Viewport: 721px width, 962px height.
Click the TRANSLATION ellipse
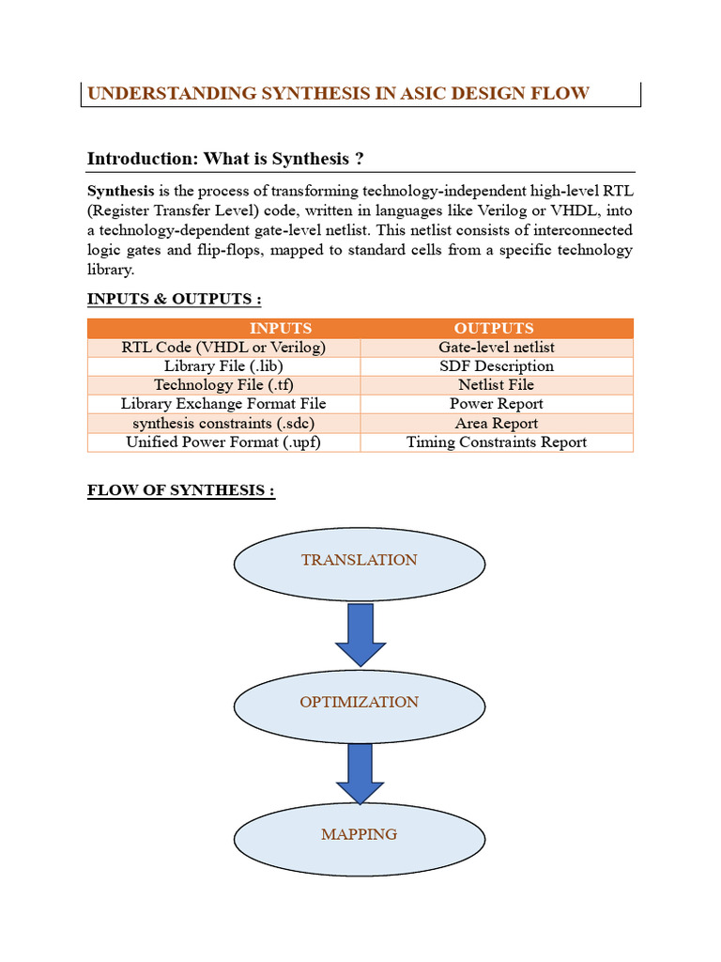359,561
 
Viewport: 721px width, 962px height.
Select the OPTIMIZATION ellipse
359,703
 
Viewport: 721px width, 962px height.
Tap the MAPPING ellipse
359,835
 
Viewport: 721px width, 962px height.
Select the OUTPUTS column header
495,328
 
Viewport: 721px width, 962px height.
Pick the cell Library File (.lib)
223,366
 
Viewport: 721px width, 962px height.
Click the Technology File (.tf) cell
223,385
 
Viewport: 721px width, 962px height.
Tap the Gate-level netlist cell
496,348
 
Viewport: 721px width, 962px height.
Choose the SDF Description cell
496,366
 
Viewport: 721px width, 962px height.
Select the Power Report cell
496,404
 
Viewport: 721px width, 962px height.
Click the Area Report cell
496,423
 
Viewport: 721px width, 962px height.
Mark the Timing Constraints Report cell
496,442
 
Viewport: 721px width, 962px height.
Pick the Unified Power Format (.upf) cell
223,442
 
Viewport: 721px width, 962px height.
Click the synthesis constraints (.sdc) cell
223,423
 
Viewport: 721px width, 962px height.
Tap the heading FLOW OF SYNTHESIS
180,491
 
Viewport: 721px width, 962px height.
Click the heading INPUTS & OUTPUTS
174,299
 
